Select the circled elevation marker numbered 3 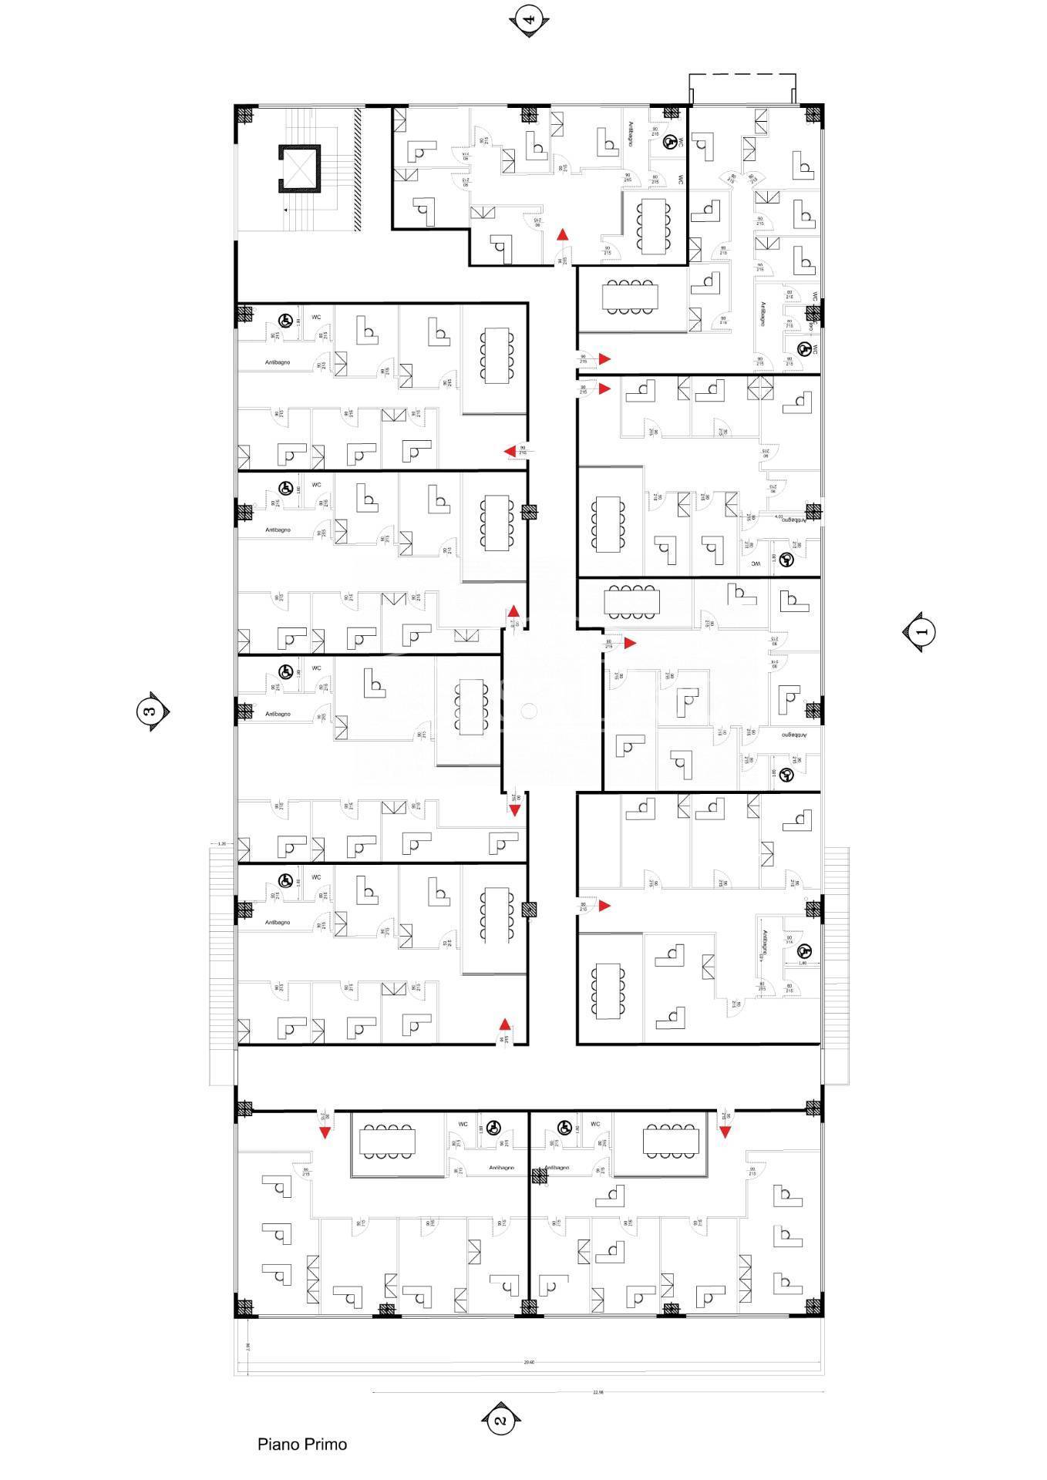coord(150,711)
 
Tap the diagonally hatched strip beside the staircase coord(358,169)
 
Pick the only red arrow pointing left coord(509,451)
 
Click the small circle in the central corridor coord(528,711)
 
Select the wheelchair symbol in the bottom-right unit coord(564,1128)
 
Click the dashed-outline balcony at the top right coord(742,88)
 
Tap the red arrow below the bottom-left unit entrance coord(325,1132)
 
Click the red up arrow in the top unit coord(564,235)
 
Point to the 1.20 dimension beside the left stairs coord(221,844)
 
